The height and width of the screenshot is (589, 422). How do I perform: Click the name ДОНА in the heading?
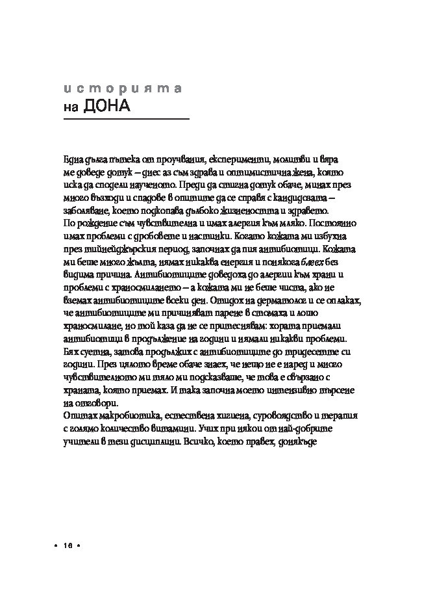point(107,106)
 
